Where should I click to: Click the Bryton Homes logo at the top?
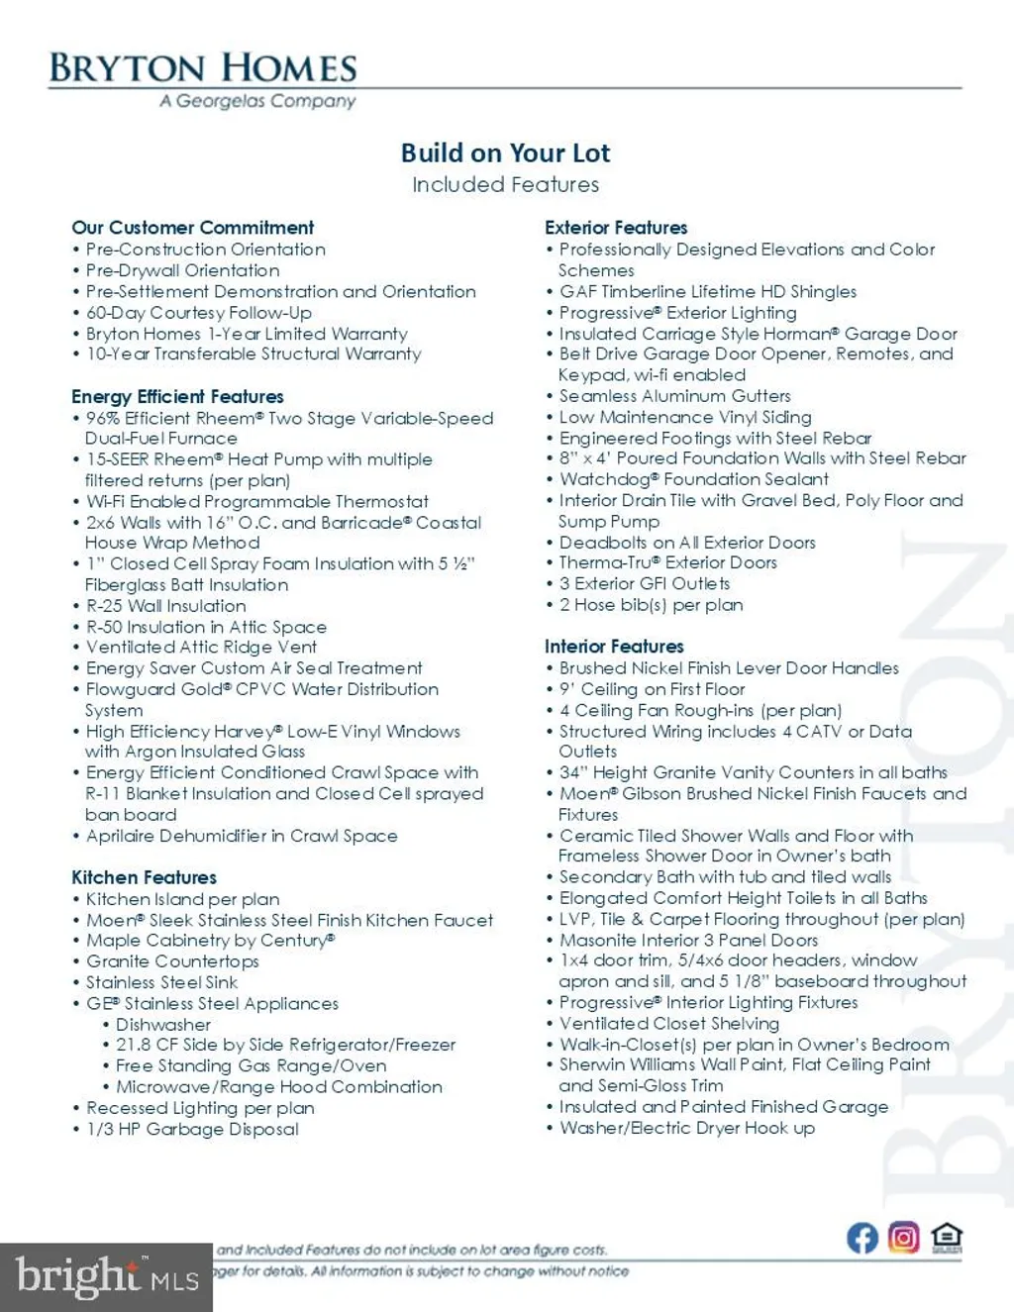(203, 68)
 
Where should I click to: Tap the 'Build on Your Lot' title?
(505, 153)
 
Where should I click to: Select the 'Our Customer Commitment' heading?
(192, 228)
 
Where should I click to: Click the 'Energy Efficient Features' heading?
(177, 396)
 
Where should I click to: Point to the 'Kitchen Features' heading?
(144, 877)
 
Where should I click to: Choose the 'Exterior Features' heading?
(616, 228)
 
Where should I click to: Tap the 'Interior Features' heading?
(614, 647)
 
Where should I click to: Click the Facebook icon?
(862, 1238)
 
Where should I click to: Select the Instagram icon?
(903, 1238)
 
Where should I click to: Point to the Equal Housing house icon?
(947, 1238)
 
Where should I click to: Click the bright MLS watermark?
(106, 1276)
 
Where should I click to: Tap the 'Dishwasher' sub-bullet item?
(163, 1025)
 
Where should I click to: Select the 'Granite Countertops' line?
(172, 961)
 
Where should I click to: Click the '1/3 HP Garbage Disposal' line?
(192, 1129)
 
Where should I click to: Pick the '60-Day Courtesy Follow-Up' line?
(198, 313)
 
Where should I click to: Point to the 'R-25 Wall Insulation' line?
(165, 606)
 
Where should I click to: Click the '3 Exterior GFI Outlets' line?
(644, 584)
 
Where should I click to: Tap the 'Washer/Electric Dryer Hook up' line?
(686, 1128)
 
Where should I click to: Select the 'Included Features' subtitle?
(505, 185)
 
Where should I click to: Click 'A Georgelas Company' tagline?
(257, 101)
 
